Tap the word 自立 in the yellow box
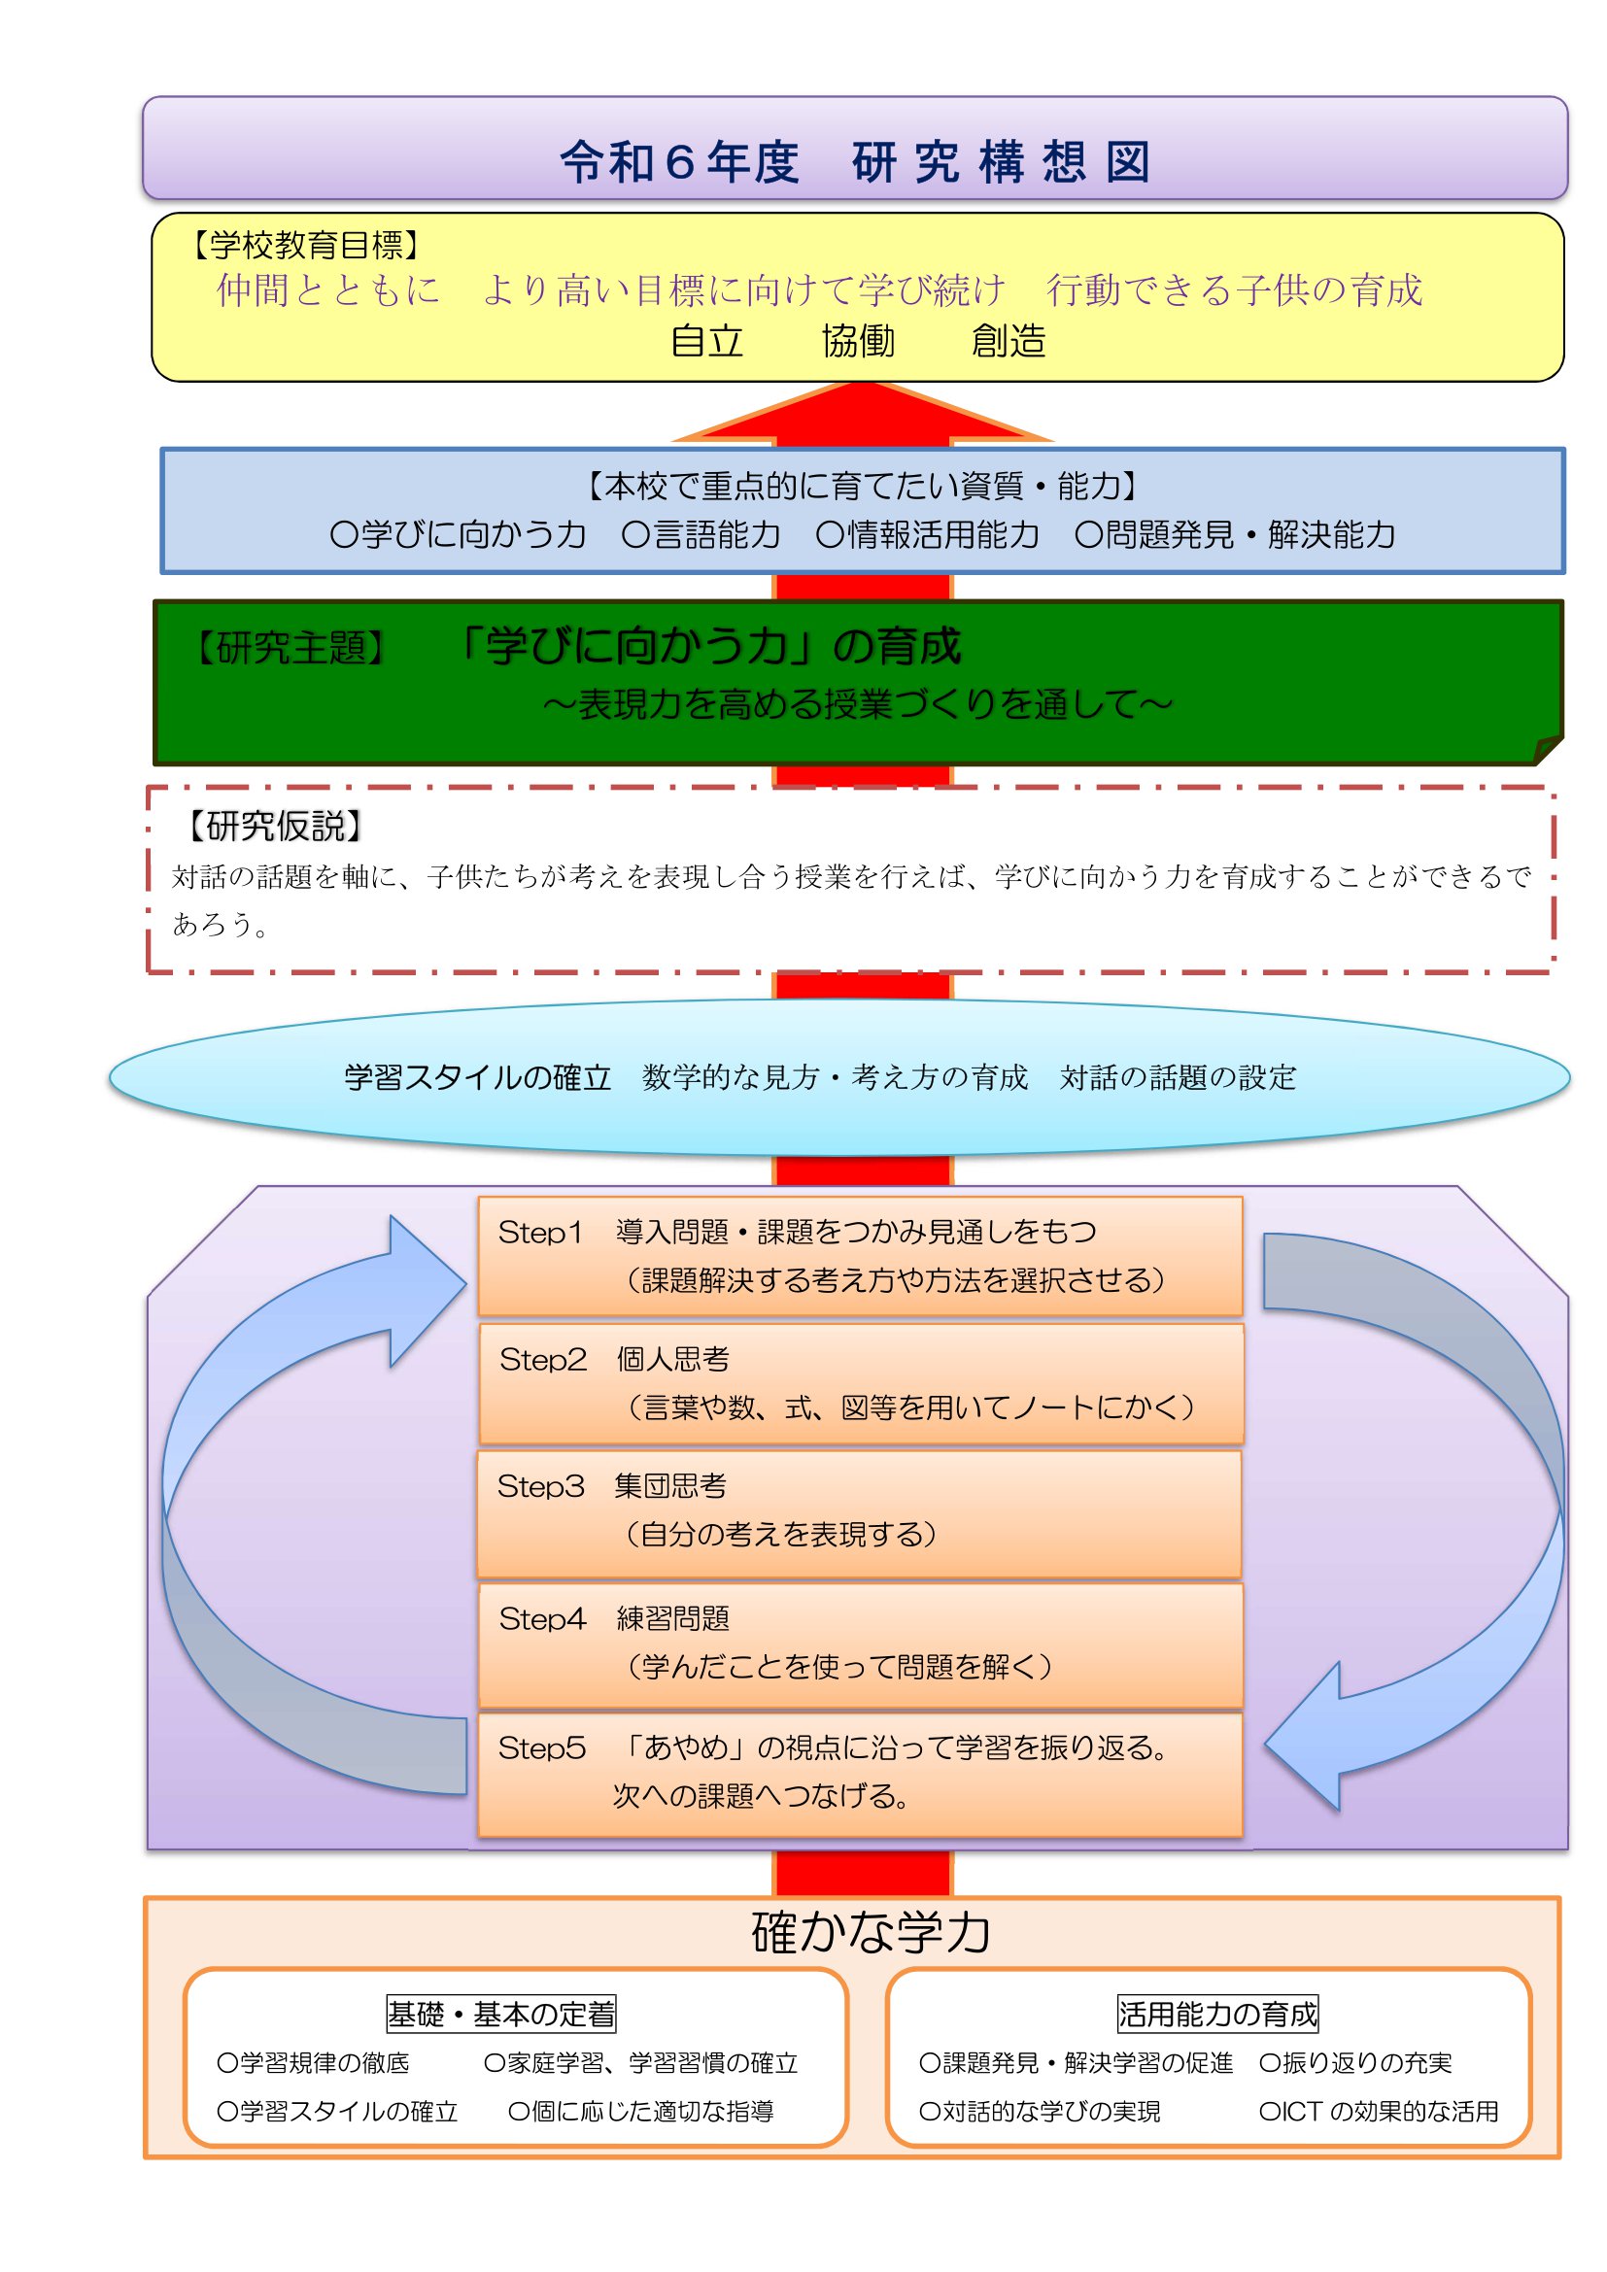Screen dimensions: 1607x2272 (706, 341)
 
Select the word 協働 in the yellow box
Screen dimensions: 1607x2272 (858, 341)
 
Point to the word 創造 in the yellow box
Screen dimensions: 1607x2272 (1009, 341)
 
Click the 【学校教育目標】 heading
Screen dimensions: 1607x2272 (306, 245)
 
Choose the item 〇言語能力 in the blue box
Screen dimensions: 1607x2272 (701, 535)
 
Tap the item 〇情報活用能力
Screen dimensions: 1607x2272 (928, 535)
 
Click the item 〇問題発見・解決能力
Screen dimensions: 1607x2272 (1235, 535)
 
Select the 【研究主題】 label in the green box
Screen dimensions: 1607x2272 (290, 649)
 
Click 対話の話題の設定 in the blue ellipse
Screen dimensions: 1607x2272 (1178, 1077)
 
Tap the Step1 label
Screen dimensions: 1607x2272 (540, 1232)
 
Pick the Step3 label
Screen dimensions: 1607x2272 (540, 1486)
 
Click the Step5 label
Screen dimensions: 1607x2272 (541, 1748)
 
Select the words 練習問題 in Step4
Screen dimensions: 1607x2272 (673, 1619)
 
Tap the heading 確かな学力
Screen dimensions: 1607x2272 (871, 1933)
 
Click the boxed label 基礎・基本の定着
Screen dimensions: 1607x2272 (501, 2014)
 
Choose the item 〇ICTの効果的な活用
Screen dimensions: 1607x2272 (1379, 2112)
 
